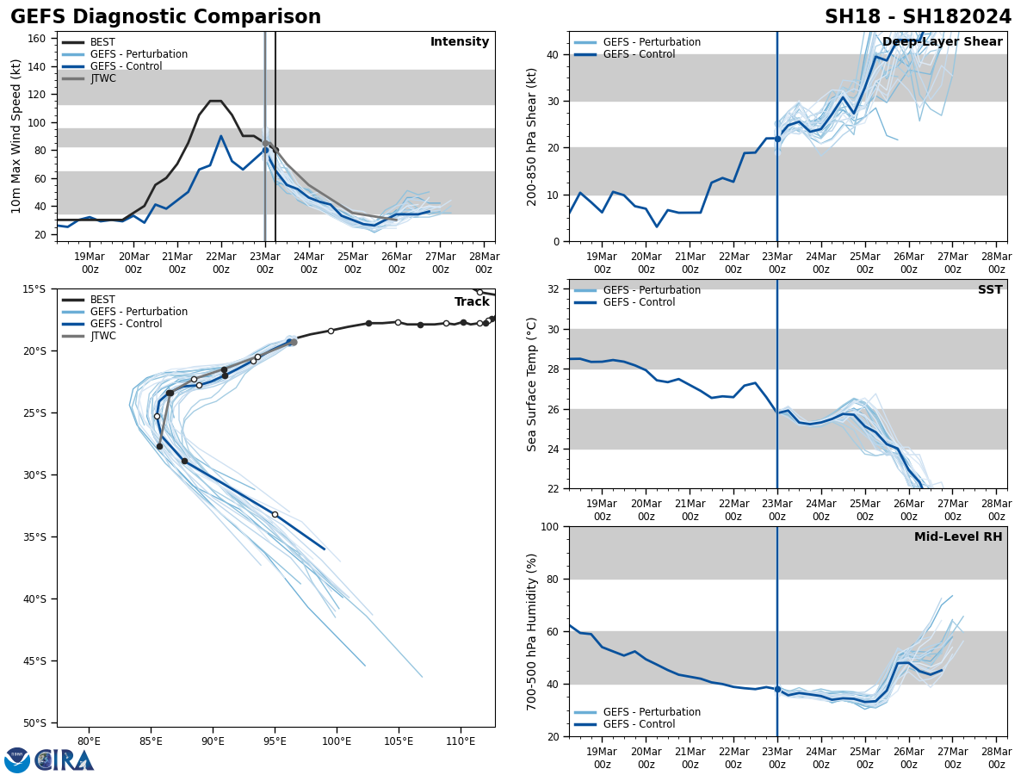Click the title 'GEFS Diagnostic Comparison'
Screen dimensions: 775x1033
[x=165, y=17]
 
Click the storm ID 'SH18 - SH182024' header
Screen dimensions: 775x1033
[x=918, y=17]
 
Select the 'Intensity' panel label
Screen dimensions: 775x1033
[x=460, y=42]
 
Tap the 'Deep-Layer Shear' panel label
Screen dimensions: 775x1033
[x=943, y=42]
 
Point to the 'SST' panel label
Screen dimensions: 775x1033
[x=990, y=290]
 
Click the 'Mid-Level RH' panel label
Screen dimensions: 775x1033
[x=958, y=537]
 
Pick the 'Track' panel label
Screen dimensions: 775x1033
[x=472, y=302]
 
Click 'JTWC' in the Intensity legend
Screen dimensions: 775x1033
[x=103, y=78]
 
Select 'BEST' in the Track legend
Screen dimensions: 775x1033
[x=102, y=300]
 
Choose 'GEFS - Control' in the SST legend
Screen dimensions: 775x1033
[x=640, y=302]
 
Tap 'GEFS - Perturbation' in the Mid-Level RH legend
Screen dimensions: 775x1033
[x=652, y=712]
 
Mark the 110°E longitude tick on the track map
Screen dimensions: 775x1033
[x=461, y=740]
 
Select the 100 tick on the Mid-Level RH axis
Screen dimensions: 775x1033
[x=549, y=527]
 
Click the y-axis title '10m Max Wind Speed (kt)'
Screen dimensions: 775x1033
[x=16, y=136]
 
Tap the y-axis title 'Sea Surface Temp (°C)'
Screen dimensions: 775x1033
[x=532, y=384]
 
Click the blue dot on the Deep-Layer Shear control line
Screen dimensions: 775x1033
[x=776, y=139]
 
